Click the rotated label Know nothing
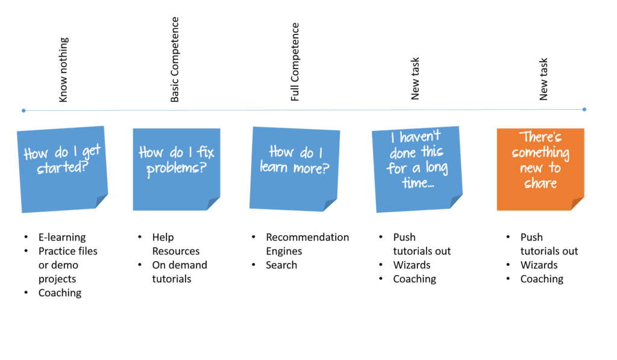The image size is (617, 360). [64, 69]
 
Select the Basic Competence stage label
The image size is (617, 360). [175, 60]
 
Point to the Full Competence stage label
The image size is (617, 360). [295, 62]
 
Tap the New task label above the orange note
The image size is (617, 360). [543, 79]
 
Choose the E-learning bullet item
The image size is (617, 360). [62, 237]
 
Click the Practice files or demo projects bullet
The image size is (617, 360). [67, 265]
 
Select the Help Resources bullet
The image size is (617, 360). [175, 244]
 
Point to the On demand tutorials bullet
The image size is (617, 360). [179, 272]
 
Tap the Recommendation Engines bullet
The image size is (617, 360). [307, 244]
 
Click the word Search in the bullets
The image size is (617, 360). [281, 265]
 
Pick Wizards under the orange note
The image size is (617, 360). [539, 265]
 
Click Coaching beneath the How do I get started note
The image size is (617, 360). [60, 292]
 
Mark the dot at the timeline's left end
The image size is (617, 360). [23, 110]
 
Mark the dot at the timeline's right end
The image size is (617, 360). [584, 109]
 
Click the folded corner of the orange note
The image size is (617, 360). [577, 204]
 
